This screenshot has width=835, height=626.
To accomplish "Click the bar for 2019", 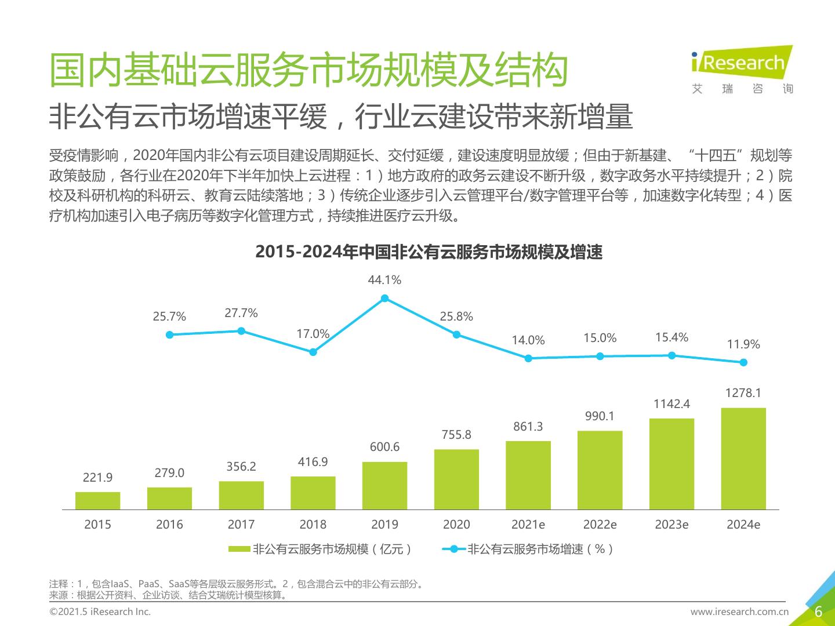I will tap(384, 486).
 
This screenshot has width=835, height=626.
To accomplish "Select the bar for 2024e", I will tap(743, 458).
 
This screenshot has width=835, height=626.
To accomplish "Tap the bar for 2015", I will tap(97, 501).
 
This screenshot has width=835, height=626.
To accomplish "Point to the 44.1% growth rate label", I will tap(384, 280).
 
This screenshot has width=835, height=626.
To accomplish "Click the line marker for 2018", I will tap(313, 352).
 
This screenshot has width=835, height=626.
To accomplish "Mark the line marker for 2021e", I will tap(528, 358).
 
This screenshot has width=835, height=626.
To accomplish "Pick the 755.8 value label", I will tap(456, 435).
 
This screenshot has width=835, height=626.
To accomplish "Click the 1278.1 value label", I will tap(743, 393).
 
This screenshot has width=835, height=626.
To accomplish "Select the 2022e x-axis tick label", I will tap(600, 525).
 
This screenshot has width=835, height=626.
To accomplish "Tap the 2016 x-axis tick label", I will tap(169, 525).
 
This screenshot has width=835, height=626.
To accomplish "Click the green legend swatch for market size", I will tap(239, 549).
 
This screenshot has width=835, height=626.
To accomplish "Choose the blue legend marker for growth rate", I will tap(454, 549).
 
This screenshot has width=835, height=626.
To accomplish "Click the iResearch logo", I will tap(742, 70).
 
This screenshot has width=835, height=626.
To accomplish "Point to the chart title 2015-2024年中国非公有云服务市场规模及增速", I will tap(429, 252).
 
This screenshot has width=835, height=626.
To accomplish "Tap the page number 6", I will tap(819, 612).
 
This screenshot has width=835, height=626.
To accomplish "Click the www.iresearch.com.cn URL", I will tap(739, 612).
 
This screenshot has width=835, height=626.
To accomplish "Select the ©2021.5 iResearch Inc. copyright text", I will tap(100, 612).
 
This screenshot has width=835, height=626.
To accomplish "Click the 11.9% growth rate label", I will tap(743, 344).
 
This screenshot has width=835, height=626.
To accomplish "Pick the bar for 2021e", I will tap(528, 475).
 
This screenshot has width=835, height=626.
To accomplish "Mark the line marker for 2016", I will tap(169, 334).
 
